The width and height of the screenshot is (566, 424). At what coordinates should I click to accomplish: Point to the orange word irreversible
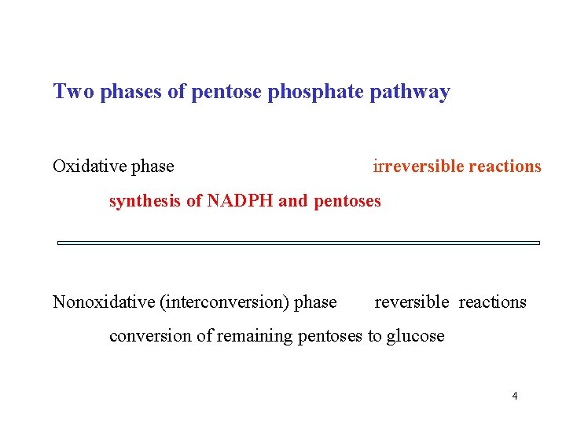click(418, 166)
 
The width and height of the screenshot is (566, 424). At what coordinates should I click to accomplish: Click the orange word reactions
click(505, 166)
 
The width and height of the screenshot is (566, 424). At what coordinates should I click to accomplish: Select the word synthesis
click(145, 201)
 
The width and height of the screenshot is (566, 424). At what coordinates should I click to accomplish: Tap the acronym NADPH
click(241, 201)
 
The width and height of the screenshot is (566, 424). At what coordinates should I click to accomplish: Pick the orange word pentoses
click(347, 201)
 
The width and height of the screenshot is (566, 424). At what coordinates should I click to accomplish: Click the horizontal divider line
click(299, 243)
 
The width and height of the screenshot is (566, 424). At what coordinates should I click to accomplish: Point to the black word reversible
click(412, 302)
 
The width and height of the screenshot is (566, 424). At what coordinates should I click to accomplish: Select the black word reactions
click(493, 302)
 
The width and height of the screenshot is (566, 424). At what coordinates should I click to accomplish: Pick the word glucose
click(416, 336)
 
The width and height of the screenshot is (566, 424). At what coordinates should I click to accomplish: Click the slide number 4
click(515, 396)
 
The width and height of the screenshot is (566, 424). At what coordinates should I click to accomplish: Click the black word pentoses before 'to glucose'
click(331, 336)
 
